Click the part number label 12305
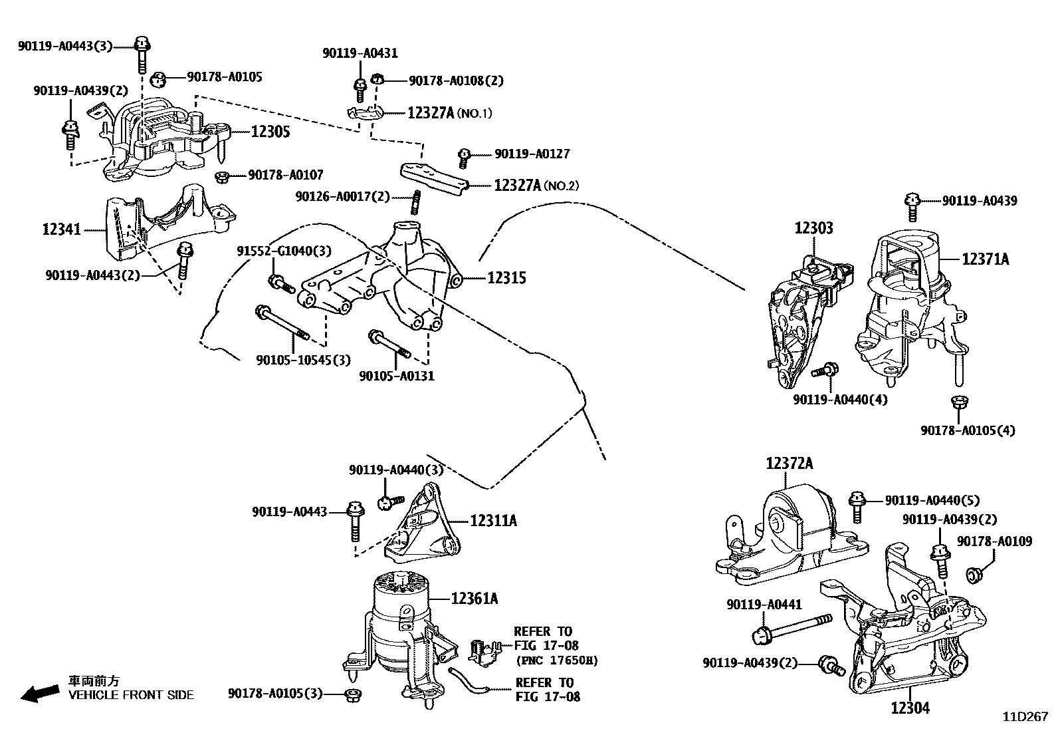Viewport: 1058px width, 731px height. click(x=270, y=132)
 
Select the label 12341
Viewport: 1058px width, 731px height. click(x=61, y=229)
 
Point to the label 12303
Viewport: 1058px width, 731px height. click(x=813, y=228)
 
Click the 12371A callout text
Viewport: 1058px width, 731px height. click(x=985, y=259)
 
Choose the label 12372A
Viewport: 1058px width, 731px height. click(x=789, y=463)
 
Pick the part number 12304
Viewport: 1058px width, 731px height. click(x=910, y=708)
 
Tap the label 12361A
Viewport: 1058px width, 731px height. click(x=474, y=599)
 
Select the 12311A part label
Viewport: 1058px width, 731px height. click(x=493, y=520)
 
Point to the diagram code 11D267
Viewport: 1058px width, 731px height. click(x=1025, y=717)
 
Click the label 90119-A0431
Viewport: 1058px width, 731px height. click(x=360, y=53)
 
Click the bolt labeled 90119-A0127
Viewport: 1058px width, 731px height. click(x=465, y=158)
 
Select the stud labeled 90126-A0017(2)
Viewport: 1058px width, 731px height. click(x=415, y=202)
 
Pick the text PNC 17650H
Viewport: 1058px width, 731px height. click(x=556, y=660)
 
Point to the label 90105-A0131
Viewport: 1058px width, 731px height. click(x=397, y=376)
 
